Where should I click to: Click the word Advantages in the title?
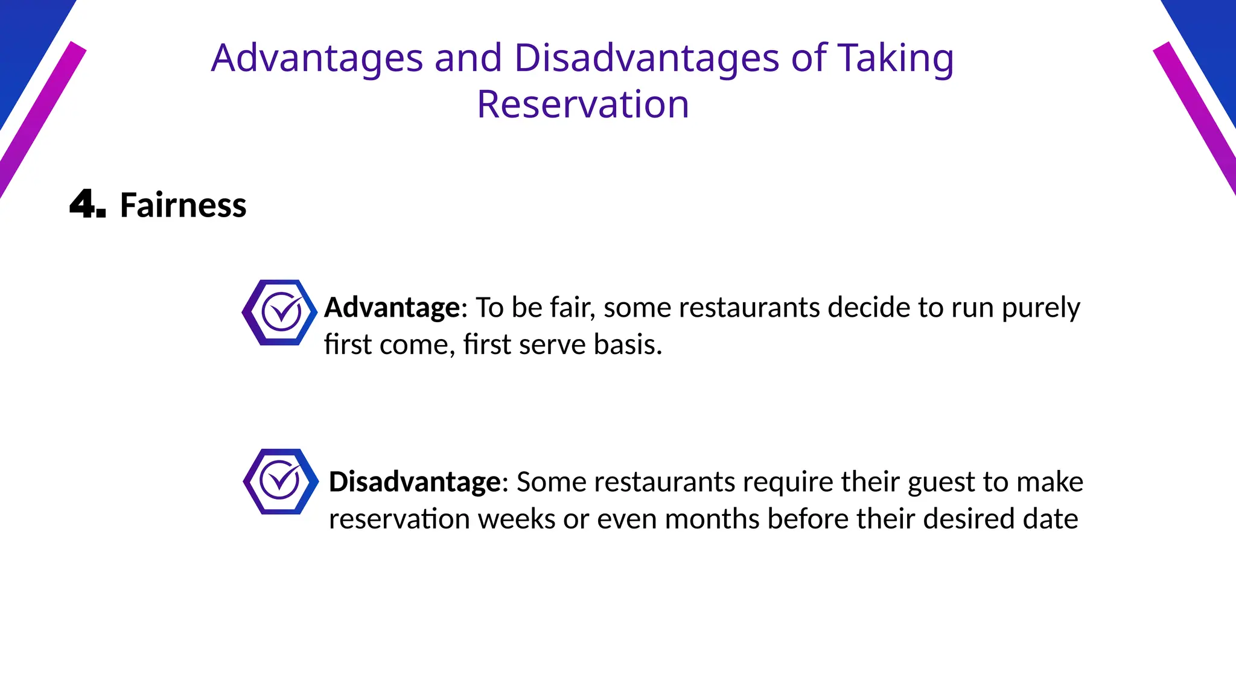317,59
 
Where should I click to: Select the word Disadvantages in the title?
646,59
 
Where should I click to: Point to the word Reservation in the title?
582,104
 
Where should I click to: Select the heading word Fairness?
183,205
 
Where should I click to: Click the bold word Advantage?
392,308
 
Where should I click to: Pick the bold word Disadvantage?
415,482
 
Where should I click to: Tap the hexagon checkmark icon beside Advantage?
279,313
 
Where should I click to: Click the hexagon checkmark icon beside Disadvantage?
281,481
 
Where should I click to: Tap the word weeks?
517,519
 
